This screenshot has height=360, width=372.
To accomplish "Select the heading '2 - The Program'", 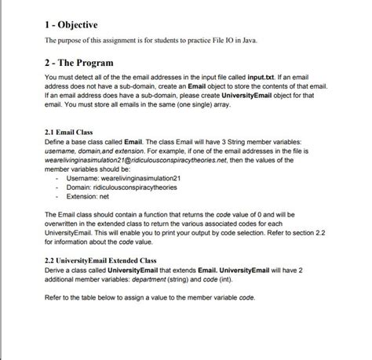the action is click(90, 62).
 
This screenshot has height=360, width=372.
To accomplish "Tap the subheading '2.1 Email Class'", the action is click(72, 133).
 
